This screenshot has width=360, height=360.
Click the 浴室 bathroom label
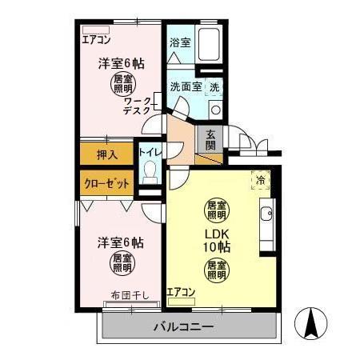(180, 42)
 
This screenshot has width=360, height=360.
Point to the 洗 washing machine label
(214, 86)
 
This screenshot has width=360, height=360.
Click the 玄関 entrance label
(210, 139)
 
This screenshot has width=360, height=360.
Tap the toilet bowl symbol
(150, 171)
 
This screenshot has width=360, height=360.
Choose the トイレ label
(150, 150)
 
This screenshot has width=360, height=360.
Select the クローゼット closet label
(107, 182)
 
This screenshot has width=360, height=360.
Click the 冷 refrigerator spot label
(260, 180)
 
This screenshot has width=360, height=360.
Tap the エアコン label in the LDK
(181, 293)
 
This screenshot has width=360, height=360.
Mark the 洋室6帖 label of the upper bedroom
(121, 64)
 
